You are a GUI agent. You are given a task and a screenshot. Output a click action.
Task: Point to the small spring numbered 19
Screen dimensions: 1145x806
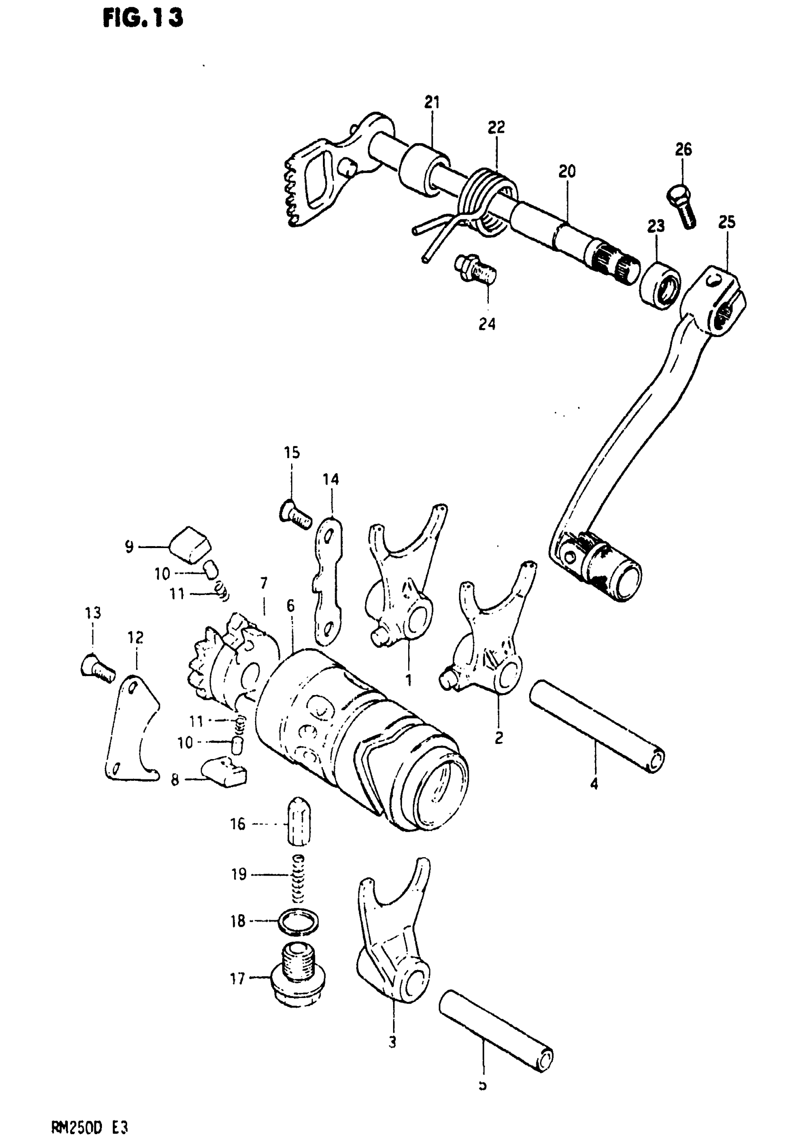pyautogui.click(x=298, y=879)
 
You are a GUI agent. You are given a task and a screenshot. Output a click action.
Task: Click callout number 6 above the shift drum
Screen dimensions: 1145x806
pyautogui.click(x=290, y=605)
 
